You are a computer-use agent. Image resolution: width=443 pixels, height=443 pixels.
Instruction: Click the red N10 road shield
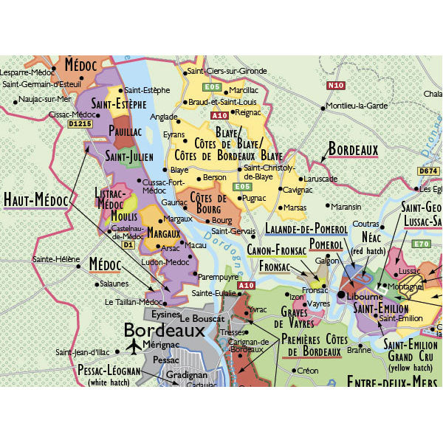[335, 86]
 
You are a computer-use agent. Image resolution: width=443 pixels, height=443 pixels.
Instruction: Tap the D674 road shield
[429, 171]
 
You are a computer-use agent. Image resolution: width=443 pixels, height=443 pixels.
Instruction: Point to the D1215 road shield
[80, 125]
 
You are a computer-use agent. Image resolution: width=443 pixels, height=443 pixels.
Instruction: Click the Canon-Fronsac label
[275, 250]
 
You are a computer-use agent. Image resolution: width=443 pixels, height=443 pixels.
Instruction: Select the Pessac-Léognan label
[109, 371]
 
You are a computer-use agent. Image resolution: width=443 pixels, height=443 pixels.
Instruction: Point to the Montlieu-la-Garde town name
[357, 106]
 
